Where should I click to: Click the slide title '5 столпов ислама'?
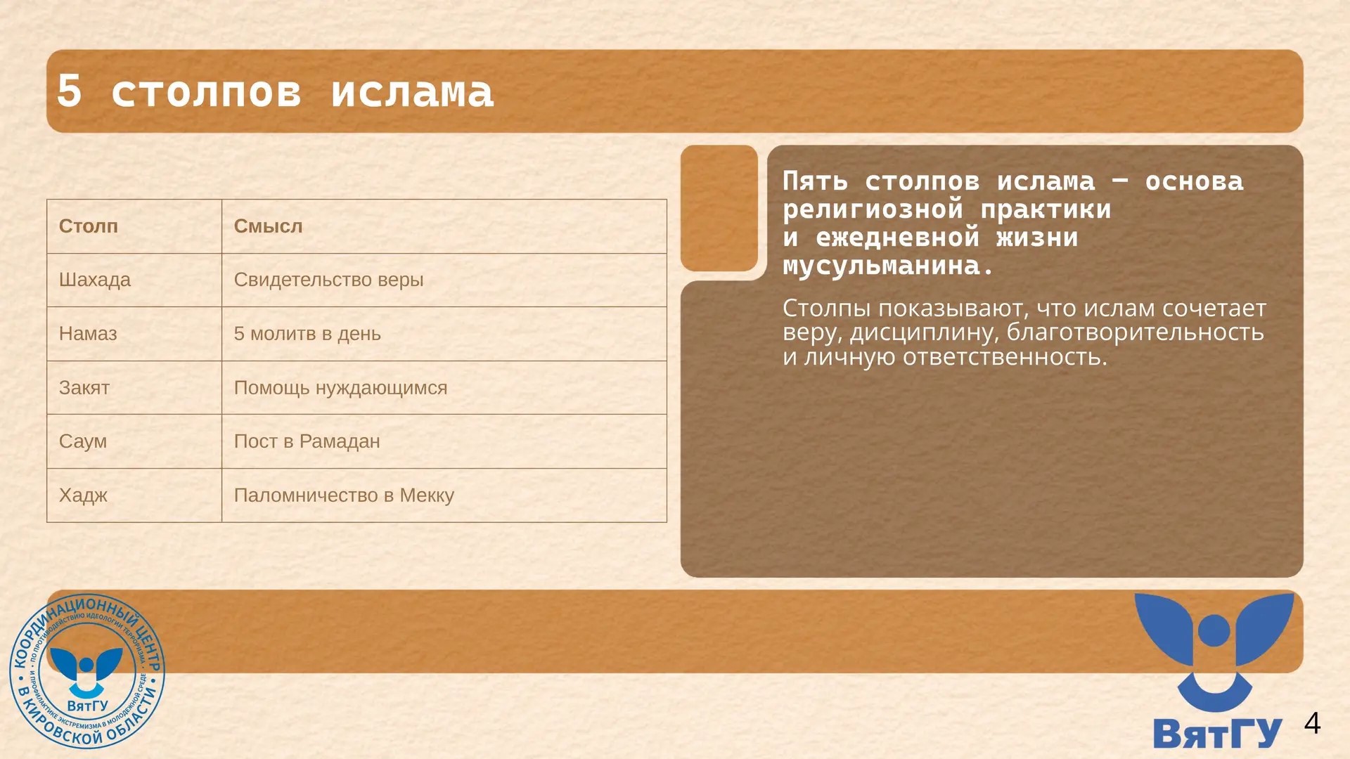click(x=275, y=91)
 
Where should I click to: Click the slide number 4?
click(x=1312, y=723)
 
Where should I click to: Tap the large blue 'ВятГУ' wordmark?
click(x=1217, y=733)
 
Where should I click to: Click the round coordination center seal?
click(x=87, y=671)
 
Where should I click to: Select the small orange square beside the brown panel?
click(x=719, y=208)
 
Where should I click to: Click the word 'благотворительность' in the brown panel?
click(x=1135, y=332)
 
